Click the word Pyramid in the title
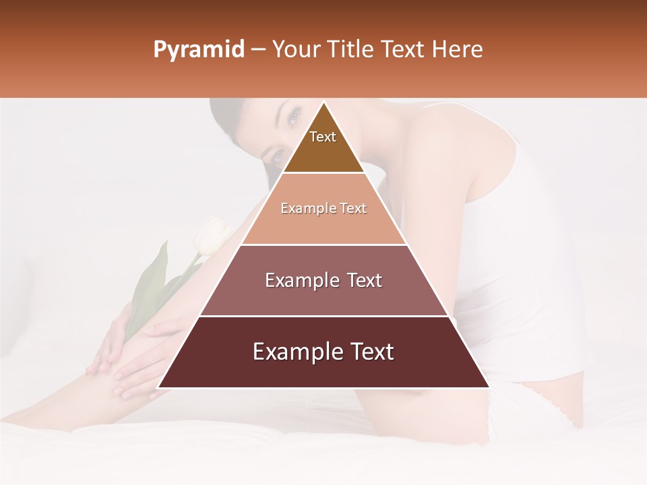(x=198, y=50)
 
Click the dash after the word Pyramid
(x=258, y=51)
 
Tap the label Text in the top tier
(x=323, y=137)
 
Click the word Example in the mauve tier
(x=301, y=280)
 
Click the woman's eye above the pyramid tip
(x=294, y=117)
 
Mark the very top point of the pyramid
(x=323, y=102)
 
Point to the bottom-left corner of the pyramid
(x=158, y=387)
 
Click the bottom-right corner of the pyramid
(x=489, y=387)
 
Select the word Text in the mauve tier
(x=361, y=280)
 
